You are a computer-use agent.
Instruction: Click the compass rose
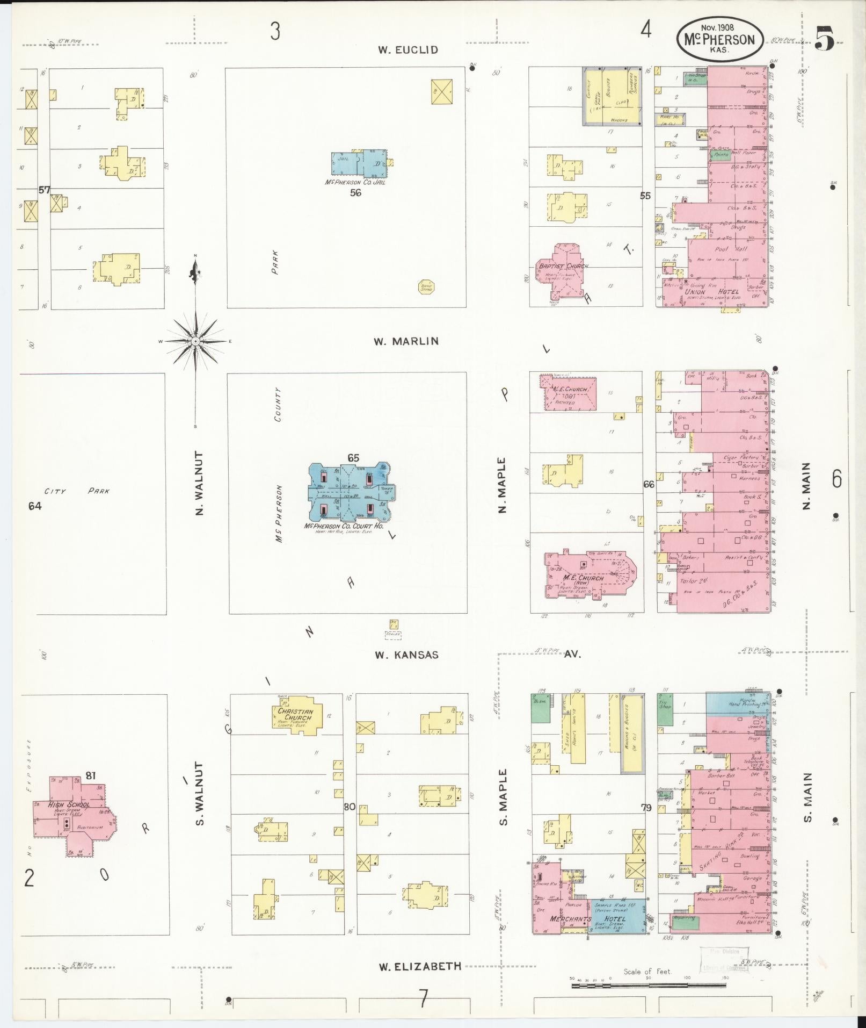point(196,341)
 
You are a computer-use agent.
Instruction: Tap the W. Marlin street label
point(406,341)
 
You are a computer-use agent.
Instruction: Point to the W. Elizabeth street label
point(420,966)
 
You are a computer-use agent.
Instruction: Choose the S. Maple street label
point(503,797)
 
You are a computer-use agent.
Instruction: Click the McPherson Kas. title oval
point(718,39)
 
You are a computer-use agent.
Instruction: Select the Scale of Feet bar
point(649,985)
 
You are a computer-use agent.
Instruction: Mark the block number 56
point(355,193)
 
